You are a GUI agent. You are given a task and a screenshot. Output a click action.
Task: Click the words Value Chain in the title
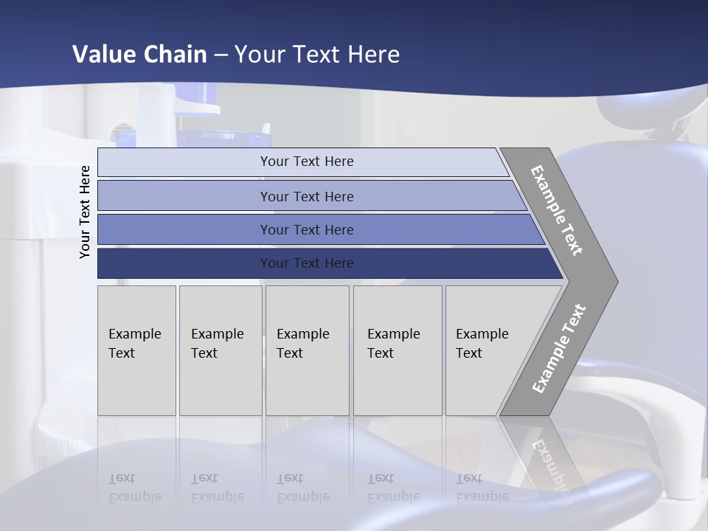pos(139,55)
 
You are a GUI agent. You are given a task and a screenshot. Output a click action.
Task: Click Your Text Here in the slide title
pos(317,55)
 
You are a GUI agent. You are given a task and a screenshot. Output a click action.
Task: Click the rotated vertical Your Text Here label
pos(85,212)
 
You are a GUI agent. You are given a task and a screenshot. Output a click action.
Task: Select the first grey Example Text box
pos(136,350)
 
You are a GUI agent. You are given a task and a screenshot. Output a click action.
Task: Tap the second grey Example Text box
pos(220,350)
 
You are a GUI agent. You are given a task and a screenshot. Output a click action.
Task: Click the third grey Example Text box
pos(307,350)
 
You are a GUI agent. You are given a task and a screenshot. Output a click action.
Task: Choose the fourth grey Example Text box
pos(397,350)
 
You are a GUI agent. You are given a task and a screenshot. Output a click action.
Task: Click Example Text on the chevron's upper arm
pos(557,210)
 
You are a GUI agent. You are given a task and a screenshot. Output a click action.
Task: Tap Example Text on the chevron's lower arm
pos(559,348)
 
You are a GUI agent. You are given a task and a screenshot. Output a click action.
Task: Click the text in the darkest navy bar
pos(307,263)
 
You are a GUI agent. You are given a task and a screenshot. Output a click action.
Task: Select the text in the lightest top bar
pos(307,162)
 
